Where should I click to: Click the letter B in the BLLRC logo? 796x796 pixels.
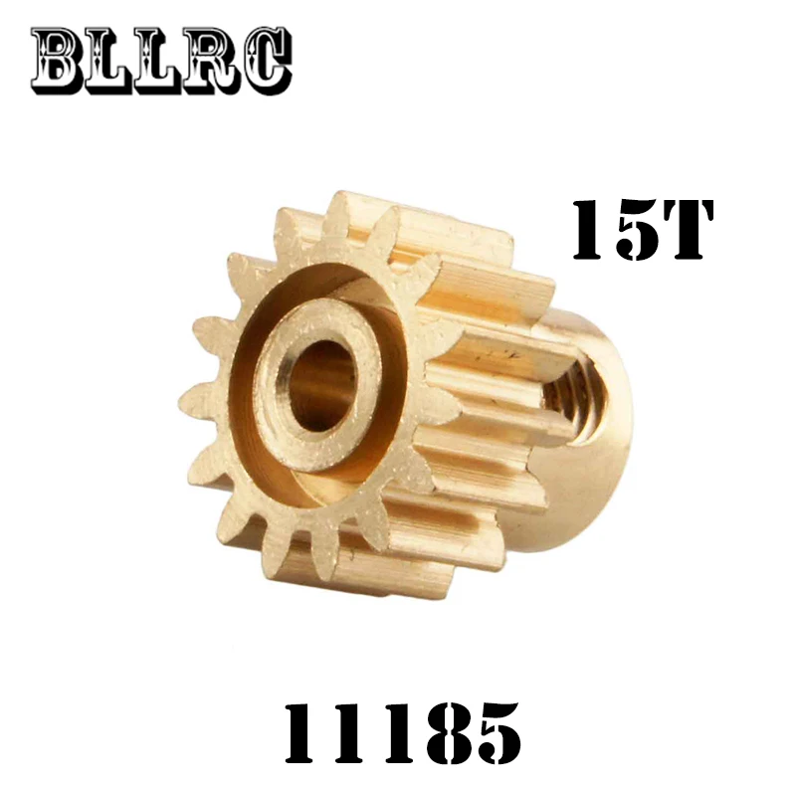(x=60, y=60)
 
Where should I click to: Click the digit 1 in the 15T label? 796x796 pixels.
(x=590, y=230)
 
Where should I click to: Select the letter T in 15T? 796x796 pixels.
(x=686, y=230)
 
